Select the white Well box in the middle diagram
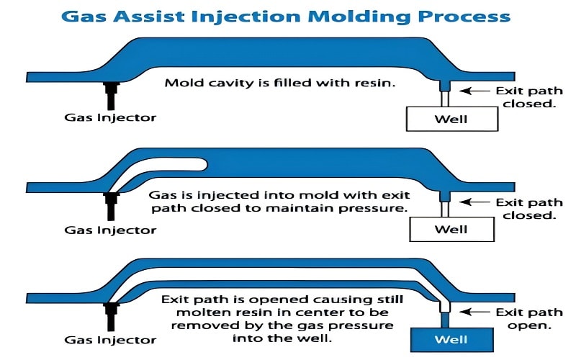(x=452, y=230)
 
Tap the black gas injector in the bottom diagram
(x=111, y=314)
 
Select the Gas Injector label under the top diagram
(x=110, y=117)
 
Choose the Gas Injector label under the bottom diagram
(x=110, y=338)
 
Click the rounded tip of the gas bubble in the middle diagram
(x=204, y=166)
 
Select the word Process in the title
(x=476, y=16)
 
